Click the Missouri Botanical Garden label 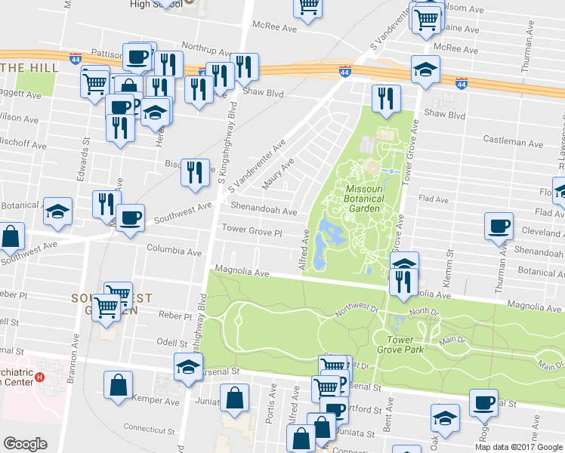[x=365, y=199]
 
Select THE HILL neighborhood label [x=24, y=68]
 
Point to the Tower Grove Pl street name [x=251, y=229]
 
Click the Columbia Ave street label [x=174, y=249]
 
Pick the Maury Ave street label [x=277, y=175]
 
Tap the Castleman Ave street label [x=514, y=142]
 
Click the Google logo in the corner [x=25, y=444]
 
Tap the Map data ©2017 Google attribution [x=519, y=447]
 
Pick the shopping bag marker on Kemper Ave [x=119, y=385]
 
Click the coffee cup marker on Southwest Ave [x=131, y=218]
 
